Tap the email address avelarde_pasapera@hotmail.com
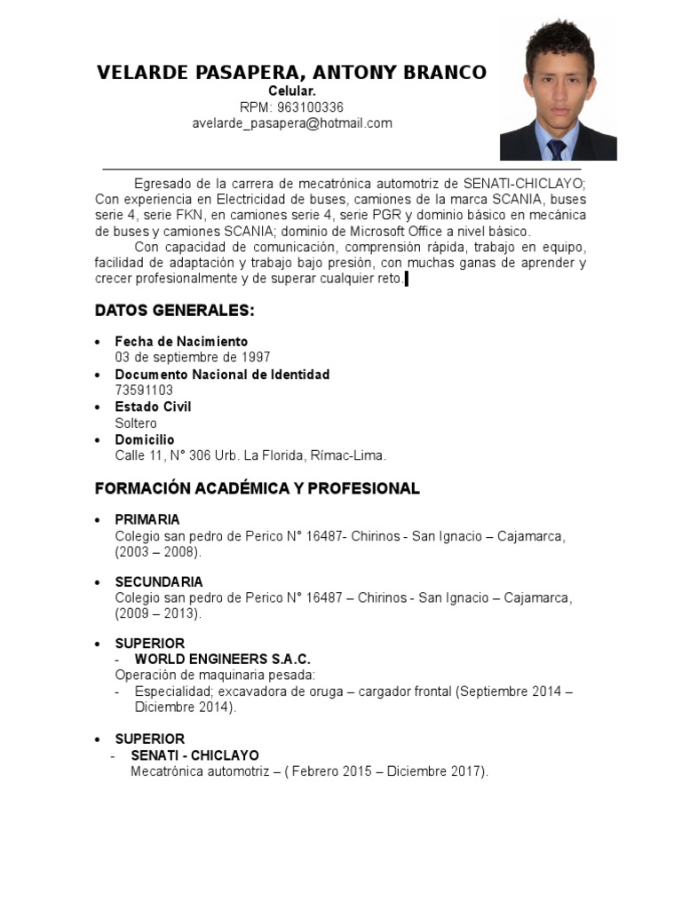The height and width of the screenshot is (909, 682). point(292,123)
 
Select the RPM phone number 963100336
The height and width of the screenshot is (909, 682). point(311,107)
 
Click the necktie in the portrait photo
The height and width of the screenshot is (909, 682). point(557,147)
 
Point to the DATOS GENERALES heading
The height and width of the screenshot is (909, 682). point(175,311)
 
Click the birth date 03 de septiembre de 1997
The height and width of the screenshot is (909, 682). point(193,358)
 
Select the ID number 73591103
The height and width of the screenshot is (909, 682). point(144,391)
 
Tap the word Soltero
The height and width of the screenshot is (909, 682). point(136,423)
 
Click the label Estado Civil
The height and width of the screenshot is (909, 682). point(153,407)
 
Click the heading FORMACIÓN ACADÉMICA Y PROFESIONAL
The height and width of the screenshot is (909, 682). point(258,489)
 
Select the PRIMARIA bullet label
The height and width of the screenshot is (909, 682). point(147,519)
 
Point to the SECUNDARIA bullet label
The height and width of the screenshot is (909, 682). point(159,582)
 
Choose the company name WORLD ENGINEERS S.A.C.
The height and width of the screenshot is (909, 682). point(222,659)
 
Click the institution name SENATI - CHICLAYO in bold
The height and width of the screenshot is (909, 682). point(194,755)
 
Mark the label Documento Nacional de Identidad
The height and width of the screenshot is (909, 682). point(222,375)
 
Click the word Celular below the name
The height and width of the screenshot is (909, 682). point(291,91)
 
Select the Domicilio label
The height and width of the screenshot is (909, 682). point(145,439)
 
